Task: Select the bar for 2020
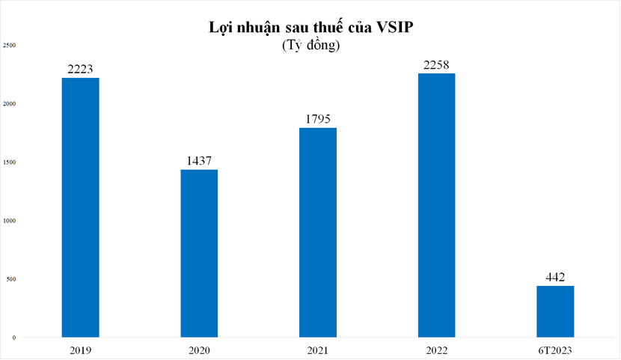[x=199, y=254]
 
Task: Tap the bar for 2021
[x=318, y=233]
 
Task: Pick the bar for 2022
[x=436, y=205]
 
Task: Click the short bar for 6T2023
[x=555, y=311]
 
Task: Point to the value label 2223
[x=80, y=69]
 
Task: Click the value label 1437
[x=199, y=161]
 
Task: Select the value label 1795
[x=318, y=119]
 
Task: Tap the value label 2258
[x=436, y=64]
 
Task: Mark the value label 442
[x=555, y=277]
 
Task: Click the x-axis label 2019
[x=80, y=350]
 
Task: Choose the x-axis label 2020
[x=199, y=350]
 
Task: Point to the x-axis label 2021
[x=318, y=350]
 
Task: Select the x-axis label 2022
[x=436, y=350]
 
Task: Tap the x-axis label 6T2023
[x=555, y=350]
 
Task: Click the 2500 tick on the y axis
[x=9, y=45]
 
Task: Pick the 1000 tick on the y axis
[x=9, y=221]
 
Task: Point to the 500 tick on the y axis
[x=10, y=279]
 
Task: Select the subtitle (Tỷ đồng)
[x=310, y=46]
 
